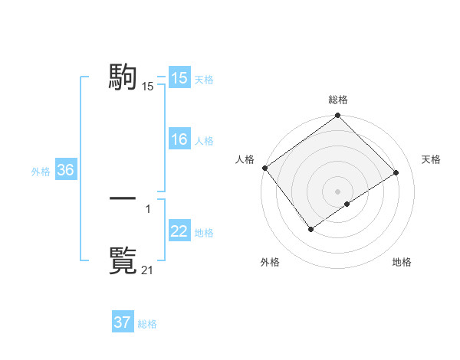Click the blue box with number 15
(179, 78)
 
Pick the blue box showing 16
(179, 139)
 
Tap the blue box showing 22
(179, 231)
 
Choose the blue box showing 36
(65, 170)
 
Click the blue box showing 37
(122, 322)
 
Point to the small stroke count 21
(148, 270)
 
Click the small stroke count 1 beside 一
(148, 208)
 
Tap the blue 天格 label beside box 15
(204, 80)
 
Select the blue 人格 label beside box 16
(204, 141)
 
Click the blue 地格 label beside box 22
(204, 233)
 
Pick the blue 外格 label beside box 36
(41, 172)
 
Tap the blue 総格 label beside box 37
(147, 324)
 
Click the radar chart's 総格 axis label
(337, 100)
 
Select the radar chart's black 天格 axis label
(431, 159)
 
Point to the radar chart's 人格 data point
(264, 168)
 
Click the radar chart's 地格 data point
(347, 204)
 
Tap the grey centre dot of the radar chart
(337, 191)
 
